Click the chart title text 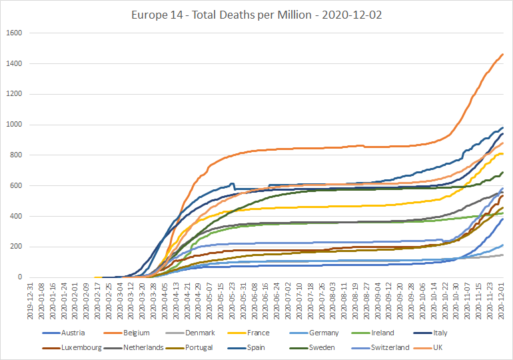[256, 15]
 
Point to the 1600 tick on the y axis [14, 33]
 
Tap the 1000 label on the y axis [14, 125]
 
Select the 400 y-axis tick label [16, 216]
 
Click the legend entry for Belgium [127, 333]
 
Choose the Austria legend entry [63, 333]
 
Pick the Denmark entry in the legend [190, 333]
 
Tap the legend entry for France [249, 333]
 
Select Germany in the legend [314, 333]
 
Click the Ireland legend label [372, 333]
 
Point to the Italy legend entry [430, 333]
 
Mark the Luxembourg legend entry [72, 347]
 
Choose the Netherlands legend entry [133, 347]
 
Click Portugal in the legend [189, 347]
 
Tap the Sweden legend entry [312, 347]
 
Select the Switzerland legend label [380, 347]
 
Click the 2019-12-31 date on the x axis [31, 301]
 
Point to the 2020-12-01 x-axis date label [501, 301]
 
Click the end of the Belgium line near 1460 [503, 54]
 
